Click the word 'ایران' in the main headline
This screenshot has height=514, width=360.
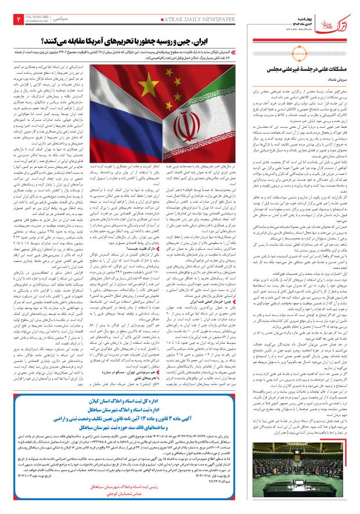240,42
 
